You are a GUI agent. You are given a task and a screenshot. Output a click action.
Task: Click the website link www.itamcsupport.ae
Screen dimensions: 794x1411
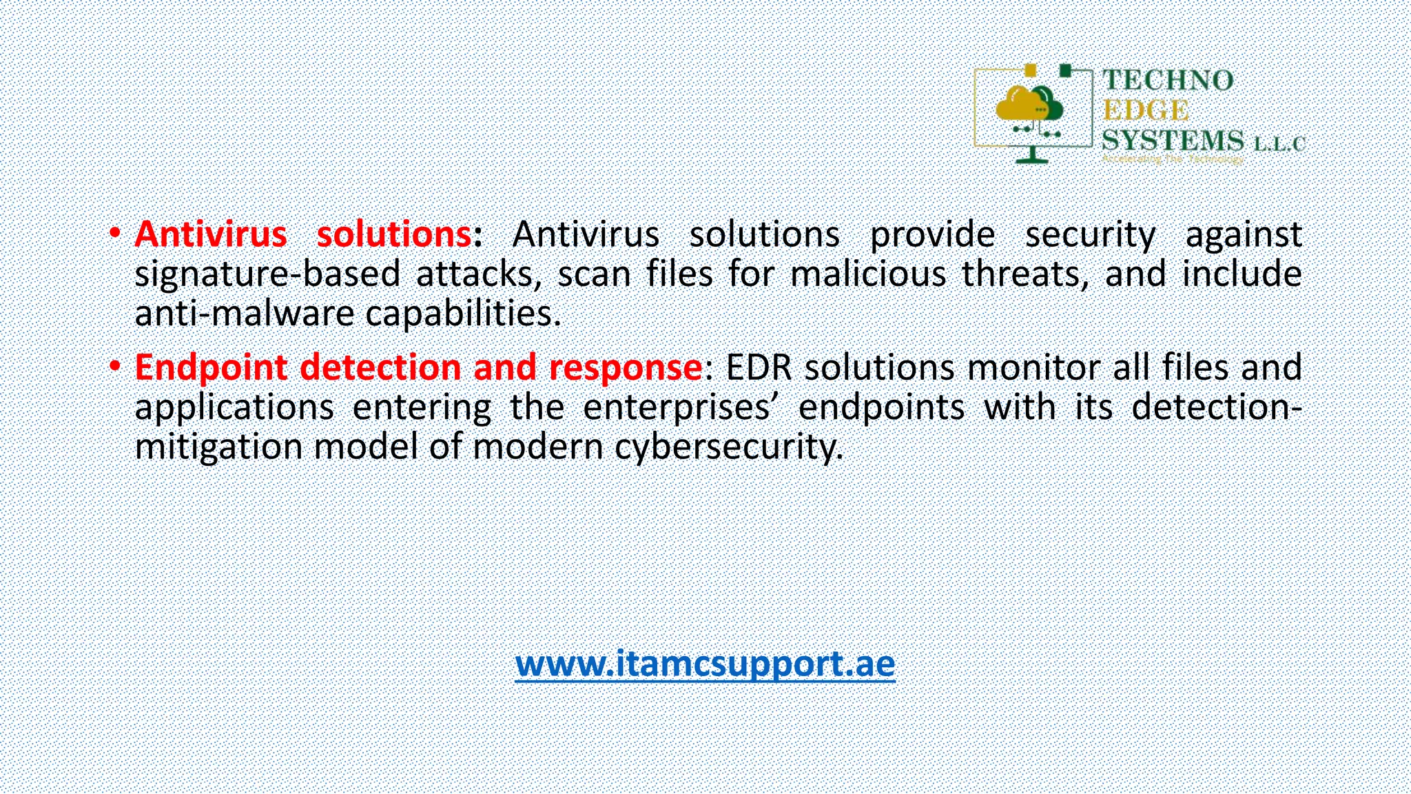point(705,664)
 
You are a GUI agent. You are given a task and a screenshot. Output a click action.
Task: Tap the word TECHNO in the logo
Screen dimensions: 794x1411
point(1168,81)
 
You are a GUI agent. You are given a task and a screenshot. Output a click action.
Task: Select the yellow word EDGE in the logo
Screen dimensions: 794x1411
point(1146,111)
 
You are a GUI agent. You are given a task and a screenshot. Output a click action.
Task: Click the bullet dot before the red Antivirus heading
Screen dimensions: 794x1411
point(115,232)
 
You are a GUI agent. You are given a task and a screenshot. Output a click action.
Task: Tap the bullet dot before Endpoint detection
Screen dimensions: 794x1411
point(115,365)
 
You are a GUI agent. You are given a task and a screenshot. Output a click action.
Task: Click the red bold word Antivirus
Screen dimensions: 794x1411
point(211,234)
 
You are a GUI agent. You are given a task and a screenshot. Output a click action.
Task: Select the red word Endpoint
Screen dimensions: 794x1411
point(211,367)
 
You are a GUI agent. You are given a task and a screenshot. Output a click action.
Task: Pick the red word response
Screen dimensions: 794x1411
point(625,367)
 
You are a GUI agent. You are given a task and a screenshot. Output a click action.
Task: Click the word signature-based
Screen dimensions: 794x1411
point(267,274)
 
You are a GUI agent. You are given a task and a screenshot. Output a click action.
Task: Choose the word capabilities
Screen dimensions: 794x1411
point(463,314)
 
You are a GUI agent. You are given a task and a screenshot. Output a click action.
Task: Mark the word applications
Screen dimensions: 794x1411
point(234,407)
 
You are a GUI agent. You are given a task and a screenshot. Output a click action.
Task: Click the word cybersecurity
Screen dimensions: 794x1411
point(729,447)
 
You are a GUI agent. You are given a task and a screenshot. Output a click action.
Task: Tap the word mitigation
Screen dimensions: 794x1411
point(218,447)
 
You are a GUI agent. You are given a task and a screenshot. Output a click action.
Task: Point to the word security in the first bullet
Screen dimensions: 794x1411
point(1090,235)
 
